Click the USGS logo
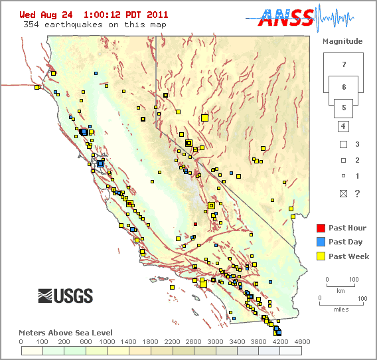(65, 296)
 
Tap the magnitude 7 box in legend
(343, 64)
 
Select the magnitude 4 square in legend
(343, 126)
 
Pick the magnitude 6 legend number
(343, 87)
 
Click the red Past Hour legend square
(321, 228)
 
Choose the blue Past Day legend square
(321, 242)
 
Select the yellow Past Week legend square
(321, 256)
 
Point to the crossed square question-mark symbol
(343, 193)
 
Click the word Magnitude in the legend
(342, 41)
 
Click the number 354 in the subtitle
(31, 25)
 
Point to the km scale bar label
(340, 291)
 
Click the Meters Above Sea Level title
(65, 332)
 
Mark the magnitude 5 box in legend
(343, 106)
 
